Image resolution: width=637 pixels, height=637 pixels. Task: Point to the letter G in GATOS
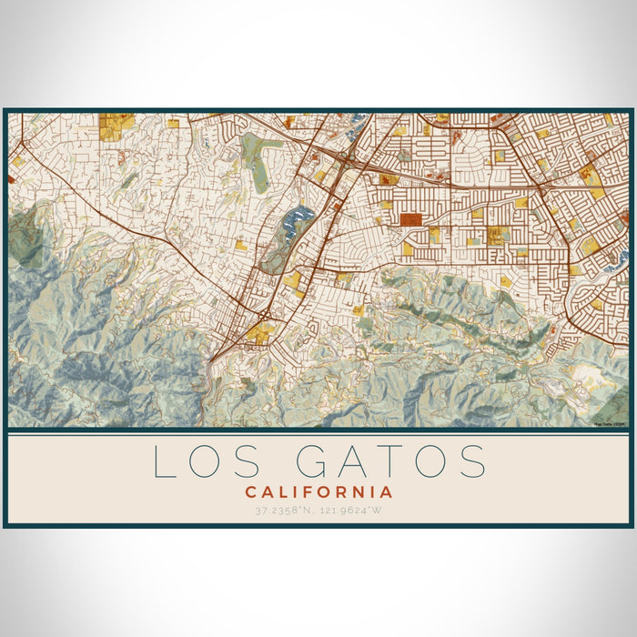coord(315,461)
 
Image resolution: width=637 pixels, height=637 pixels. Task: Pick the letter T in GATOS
coord(399,461)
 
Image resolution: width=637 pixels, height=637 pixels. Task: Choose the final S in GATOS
coord(474,461)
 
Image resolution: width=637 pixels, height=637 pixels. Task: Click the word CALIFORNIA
coord(318,492)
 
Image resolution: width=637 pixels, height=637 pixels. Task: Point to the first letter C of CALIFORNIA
coord(248,492)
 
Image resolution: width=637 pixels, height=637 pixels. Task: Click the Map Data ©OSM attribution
coord(609,424)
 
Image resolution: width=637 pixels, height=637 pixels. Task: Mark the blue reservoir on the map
coord(298,221)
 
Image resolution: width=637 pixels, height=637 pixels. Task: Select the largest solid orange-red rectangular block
coord(411,219)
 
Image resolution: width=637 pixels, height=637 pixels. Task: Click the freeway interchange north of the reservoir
coord(349,160)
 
